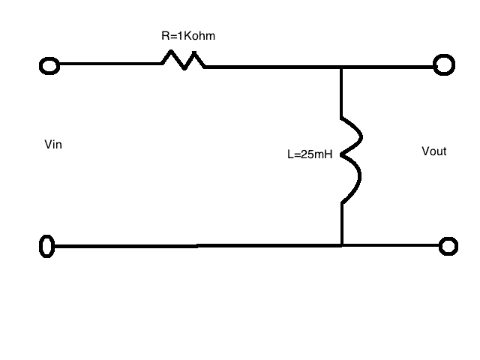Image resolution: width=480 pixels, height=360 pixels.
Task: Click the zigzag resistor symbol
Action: [182, 60]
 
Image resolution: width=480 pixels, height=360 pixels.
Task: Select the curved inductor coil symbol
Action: [351, 159]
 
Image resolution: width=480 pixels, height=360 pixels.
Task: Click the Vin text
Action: [53, 145]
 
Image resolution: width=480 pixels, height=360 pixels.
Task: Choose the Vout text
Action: [434, 151]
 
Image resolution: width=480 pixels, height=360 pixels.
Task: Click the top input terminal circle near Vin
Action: [49, 65]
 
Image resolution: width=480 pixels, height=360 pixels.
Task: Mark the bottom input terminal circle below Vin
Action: [47, 246]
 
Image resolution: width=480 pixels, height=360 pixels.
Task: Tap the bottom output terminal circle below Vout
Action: [448, 245]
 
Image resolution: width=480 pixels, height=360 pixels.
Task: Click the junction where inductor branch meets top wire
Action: [342, 67]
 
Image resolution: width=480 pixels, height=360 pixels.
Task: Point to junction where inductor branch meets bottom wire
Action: [342, 245]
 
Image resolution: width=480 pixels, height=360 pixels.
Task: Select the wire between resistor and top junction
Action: [274, 67]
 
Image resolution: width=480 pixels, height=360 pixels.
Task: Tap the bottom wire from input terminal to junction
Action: [195, 245]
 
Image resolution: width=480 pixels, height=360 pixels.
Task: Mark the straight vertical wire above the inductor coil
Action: [342, 91]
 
